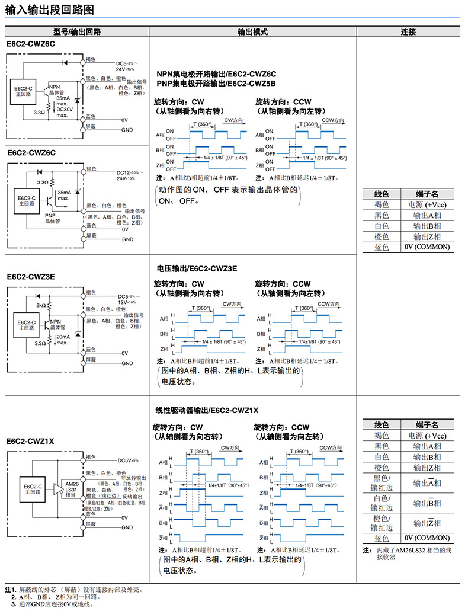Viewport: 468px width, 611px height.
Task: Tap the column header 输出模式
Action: [252, 32]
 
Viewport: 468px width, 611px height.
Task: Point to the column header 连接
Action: [408, 32]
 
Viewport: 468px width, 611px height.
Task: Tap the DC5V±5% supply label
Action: [128, 460]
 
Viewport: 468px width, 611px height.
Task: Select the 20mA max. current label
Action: [63, 340]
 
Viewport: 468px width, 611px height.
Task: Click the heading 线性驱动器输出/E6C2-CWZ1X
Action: [207, 410]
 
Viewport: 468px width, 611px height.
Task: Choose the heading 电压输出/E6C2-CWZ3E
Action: [197, 268]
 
